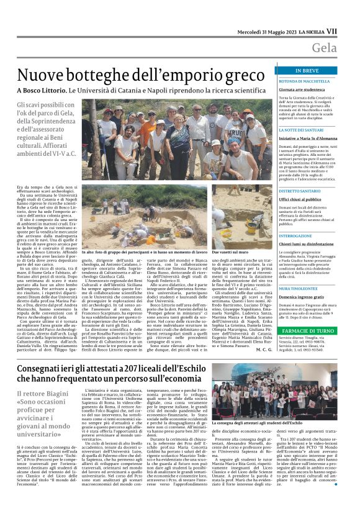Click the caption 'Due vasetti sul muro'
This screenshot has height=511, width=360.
pyautogui.click(x=233, y=253)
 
